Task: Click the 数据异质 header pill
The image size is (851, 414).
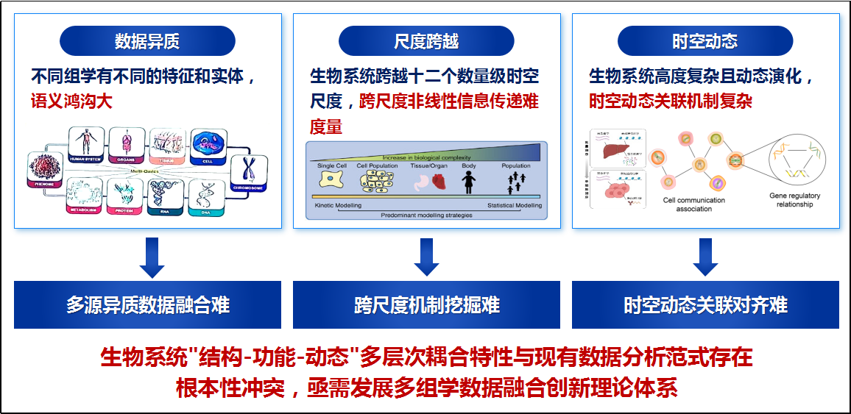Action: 147,41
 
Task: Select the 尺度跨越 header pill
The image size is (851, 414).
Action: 426,41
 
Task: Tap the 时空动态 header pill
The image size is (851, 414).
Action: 705,41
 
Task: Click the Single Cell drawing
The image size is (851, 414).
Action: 330,181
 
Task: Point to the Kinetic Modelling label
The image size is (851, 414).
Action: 338,206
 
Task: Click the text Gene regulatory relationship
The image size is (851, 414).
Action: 794,200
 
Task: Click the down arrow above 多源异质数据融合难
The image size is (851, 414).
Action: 152,257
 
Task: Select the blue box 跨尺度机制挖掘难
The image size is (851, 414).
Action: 427,304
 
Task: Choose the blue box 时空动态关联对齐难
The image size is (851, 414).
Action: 705,304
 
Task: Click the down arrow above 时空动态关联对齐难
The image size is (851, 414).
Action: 705,257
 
